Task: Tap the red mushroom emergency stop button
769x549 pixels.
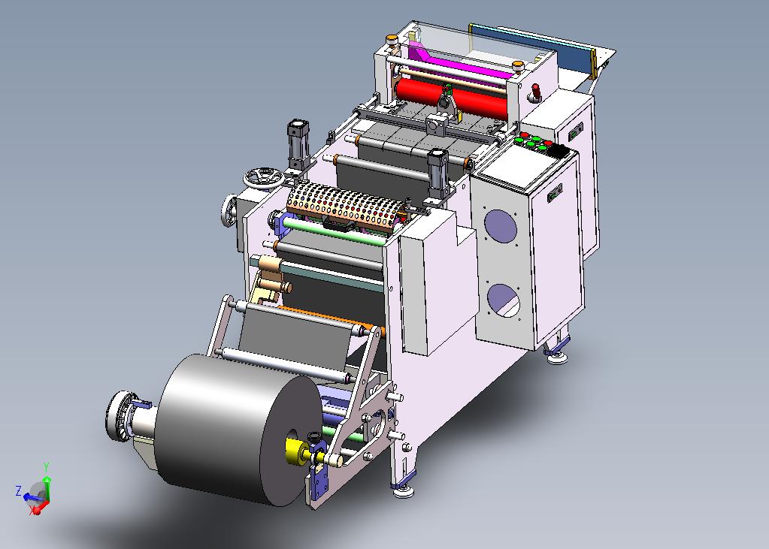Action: [536, 92]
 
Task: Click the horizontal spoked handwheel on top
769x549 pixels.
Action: [264, 177]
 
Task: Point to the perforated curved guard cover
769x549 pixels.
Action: [348, 204]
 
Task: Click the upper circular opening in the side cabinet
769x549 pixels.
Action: [500, 226]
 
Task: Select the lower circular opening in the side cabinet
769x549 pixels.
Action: [504, 300]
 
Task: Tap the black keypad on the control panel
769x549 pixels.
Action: [557, 150]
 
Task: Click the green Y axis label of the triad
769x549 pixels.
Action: [46, 466]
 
